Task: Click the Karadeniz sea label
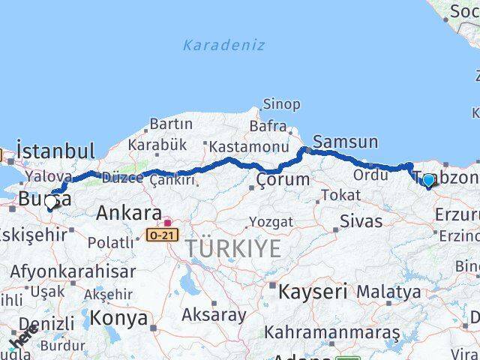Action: pos(223,45)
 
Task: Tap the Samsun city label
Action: pos(345,142)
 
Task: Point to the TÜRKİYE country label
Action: pos(233,248)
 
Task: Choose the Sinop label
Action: pos(281,104)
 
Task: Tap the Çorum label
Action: pos(283,180)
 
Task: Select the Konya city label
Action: pos(119,318)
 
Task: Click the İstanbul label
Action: pos(55,150)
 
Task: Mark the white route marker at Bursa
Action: pos(51,202)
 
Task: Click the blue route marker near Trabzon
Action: pos(428,180)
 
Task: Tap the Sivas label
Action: pos(361,221)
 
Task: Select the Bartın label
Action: pos(171,124)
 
